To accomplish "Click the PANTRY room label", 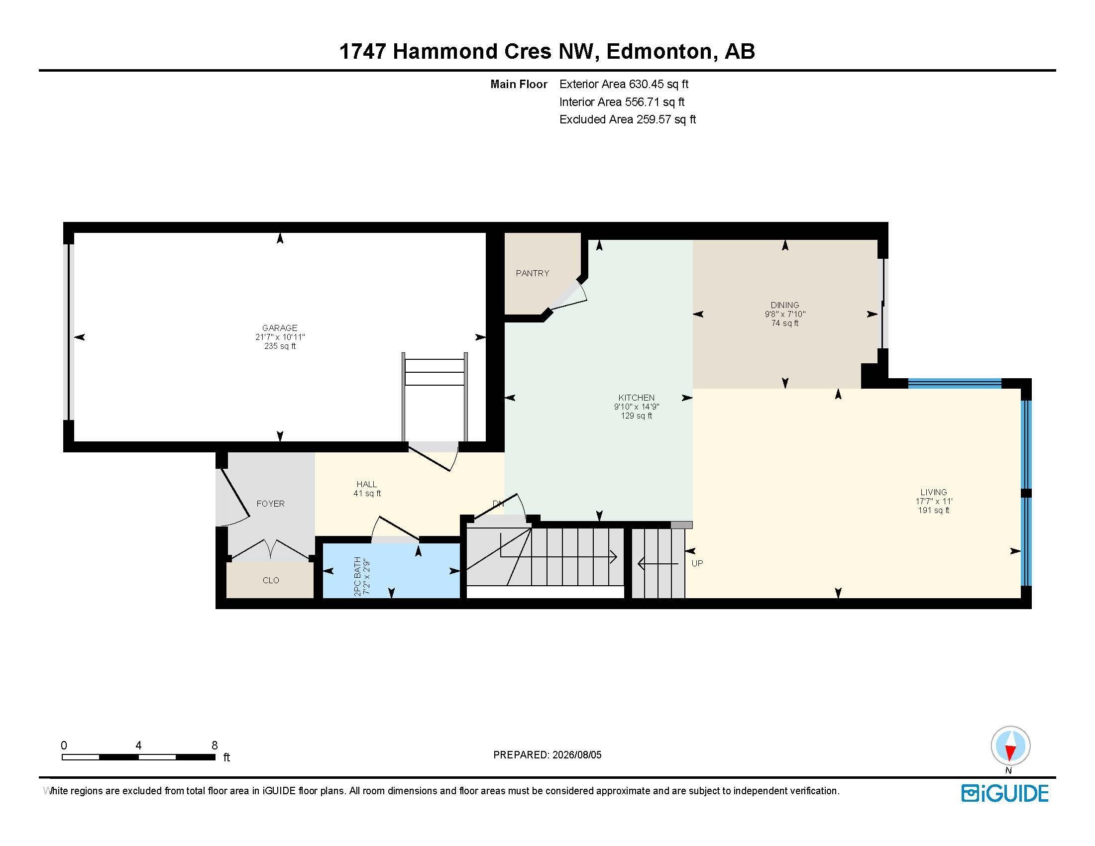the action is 533,273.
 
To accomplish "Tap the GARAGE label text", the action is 280,328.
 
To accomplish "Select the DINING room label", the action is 785,305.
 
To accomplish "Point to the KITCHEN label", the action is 637,398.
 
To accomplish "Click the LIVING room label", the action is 934,493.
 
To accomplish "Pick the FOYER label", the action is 271,504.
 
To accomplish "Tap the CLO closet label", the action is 271,580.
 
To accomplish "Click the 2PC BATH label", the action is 357,576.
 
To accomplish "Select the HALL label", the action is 366,484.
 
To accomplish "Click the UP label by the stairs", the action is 697,563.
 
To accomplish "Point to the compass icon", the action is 1011,745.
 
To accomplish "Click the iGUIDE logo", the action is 1005,793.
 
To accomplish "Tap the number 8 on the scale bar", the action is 215,745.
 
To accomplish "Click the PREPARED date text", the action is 547,755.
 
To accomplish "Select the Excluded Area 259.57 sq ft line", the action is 628,119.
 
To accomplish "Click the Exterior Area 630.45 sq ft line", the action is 624,84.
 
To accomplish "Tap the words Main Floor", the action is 519,84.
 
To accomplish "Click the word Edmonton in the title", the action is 659,51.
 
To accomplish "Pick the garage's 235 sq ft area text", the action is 280,346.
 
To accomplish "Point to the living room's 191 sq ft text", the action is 934,511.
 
